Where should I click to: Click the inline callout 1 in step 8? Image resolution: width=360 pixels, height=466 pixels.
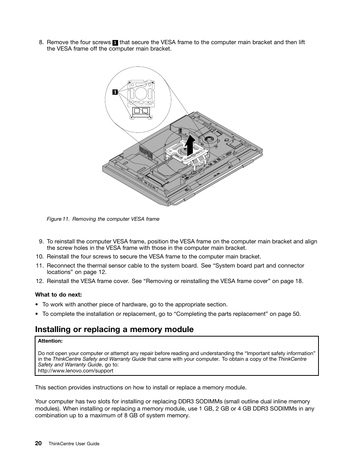tap(115, 43)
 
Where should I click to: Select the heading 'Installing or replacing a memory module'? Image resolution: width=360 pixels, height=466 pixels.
tap(114, 329)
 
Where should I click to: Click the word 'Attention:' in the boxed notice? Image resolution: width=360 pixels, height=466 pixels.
tap(50, 341)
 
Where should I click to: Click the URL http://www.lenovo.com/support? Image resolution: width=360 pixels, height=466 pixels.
tap(75, 371)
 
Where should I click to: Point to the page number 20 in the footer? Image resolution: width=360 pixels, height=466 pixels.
tap(38, 443)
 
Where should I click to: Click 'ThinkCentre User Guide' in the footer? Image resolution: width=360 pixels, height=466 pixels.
tap(74, 444)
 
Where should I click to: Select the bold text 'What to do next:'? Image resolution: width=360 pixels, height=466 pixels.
tap(58, 295)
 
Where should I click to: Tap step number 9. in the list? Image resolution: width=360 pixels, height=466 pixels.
tap(41, 241)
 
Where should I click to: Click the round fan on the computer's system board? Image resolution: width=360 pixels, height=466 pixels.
tap(208, 140)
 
